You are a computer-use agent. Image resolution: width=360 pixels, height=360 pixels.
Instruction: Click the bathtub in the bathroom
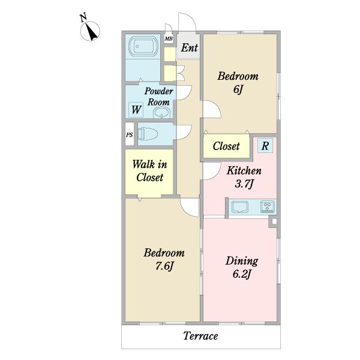pos(143,46)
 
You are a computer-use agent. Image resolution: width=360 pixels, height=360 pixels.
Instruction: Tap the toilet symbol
pos(148,134)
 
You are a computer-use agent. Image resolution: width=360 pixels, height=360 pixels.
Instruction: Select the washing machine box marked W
pos(136,110)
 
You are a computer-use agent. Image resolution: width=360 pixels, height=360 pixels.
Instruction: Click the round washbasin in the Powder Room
pos(162,113)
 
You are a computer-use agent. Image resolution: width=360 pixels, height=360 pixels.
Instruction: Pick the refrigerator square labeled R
pos(265,146)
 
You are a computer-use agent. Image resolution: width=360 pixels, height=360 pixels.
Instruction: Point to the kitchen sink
pos(240,207)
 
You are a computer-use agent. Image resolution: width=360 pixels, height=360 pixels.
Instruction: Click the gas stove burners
pos(268,206)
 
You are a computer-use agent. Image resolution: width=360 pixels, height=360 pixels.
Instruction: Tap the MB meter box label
pos(169,39)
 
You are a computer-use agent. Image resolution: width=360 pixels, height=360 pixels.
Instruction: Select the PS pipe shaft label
pos(129,135)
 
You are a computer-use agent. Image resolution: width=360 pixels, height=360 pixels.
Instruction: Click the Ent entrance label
pos(189,48)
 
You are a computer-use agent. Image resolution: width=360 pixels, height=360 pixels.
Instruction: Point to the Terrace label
pos(200,336)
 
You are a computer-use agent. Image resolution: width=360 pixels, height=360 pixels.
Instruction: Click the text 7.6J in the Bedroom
pos(164,266)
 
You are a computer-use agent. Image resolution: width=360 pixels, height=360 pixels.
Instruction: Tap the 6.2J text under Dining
pos(242,274)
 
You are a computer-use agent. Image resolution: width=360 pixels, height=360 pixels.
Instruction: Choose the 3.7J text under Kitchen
pos(244,184)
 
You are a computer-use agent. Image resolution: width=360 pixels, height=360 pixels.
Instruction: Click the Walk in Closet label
pos(149,171)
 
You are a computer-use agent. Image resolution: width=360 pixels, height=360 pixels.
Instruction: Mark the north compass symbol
pos(90,31)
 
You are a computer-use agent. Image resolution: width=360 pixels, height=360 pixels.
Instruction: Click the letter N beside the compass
pos(83,17)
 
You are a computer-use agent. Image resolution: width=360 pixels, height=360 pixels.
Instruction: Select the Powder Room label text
pos(158,97)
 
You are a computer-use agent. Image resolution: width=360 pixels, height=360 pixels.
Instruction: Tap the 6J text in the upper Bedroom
pos(238,89)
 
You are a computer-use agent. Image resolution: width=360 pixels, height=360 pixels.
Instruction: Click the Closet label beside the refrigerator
pos(226,146)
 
